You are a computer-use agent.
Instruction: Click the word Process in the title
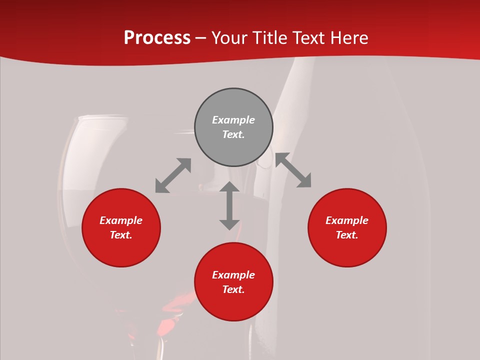click(157, 38)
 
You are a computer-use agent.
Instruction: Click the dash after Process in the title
click(200, 38)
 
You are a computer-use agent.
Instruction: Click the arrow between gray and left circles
click(173, 175)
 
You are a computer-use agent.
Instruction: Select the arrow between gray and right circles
click(293, 170)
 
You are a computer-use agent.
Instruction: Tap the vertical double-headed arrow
click(229, 205)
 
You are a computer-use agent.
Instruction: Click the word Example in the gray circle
click(233, 120)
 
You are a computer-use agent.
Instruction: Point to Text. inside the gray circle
click(233, 134)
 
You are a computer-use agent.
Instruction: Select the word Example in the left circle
click(121, 220)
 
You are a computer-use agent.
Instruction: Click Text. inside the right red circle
click(347, 235)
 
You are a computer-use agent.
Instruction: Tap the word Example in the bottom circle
click(233, 275)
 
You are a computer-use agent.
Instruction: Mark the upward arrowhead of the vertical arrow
click(229, 186)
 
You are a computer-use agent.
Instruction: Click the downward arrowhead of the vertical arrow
click(229, 224)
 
